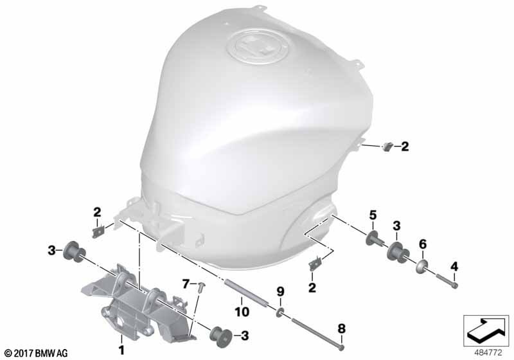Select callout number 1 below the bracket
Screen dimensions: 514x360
pos(121,350)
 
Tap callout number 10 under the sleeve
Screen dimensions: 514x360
pos(242,312)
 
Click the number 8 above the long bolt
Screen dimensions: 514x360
pos(342,328)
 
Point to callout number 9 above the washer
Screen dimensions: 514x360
pos(280,291)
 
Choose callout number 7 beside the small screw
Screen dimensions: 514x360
pos(186,283)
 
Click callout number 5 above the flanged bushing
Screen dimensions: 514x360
pos(373,215)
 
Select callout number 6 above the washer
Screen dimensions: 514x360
pos(423,244)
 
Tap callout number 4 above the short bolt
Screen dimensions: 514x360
pos(454,267)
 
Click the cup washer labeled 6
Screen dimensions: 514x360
pos(421,267)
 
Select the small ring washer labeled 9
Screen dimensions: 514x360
pos(280,312)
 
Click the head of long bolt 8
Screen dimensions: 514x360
pos(342,347)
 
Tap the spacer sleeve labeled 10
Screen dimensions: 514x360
pos(246,292)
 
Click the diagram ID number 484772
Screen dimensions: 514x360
pos(488,353)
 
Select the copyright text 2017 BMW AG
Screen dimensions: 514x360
pos(37,353)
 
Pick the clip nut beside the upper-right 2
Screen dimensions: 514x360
pos(387,146)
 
